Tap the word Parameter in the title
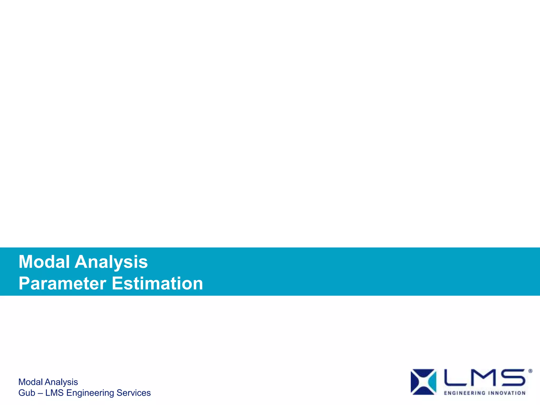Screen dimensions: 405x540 pyautogui.click(x=62, y=284)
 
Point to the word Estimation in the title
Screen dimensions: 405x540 pyautogui.click(x=157, y=284)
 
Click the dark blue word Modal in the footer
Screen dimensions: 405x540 pyautogui.click(x=31, y=382)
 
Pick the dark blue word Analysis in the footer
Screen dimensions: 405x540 pyautogui.click(x=61, y=382)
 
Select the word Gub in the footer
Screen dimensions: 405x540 pyautogui.click(x=27, y=393)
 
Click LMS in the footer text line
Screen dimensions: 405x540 pyautogui.click(x=54, y=393)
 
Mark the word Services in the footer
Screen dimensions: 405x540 pyautogui.click(x=133, y=393)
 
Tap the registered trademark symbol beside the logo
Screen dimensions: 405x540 pyautogui.click(x=530, y=371)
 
